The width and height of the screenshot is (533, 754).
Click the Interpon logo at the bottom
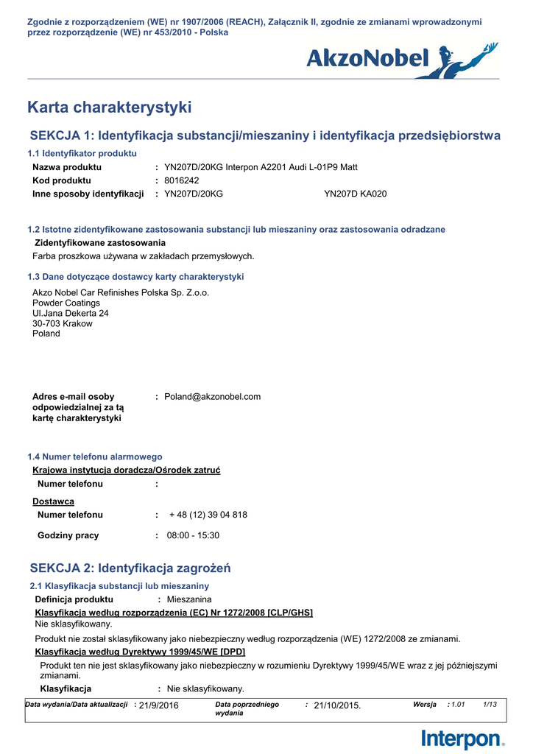pyautogui.click(x=463, y=739)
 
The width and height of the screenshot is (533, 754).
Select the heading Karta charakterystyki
pyautogui.click(x=109, y=108)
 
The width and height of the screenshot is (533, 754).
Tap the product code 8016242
pyautogui.click(x=182, y=180)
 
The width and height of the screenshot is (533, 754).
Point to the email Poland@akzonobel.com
pyautogui.click(x=212, y=397)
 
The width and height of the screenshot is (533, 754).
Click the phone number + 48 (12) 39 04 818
pyautogui.click(x=208, y=515)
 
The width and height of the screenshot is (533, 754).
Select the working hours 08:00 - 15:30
pyautogui.click(x=193, y=535)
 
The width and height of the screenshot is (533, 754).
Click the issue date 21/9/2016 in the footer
pyautogui.click(x=158, y=705)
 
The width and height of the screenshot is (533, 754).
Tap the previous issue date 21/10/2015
pyautogui.click(x=337, y=705)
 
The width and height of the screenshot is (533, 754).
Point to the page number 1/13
pyautogui.click(x=490, y=705)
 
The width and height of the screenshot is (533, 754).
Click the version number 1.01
pyautogui.click(x=458, y=705)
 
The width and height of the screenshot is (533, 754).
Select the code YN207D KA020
pyautogui.click(x=355, y=194)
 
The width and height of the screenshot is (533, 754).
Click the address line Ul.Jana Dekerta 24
pyautogui.click(x=71, y=313)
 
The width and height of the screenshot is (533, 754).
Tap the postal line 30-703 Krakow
pyautogui.click(x=63, y=323)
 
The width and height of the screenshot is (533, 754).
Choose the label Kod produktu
pyautogui.click(x=62, y=180)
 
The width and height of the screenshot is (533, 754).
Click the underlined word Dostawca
pyautogui.click(x=53, y=501)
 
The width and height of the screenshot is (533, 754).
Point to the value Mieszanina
pyautogui.click(x=189, y=599)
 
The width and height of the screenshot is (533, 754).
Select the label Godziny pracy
pyautogui.click(x=68, y=535)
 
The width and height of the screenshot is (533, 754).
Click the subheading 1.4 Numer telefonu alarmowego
pyautogui.click(x=95, y=457)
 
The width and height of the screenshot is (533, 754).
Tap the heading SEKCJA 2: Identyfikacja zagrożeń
pyautogui.click(x=130, y=568)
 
